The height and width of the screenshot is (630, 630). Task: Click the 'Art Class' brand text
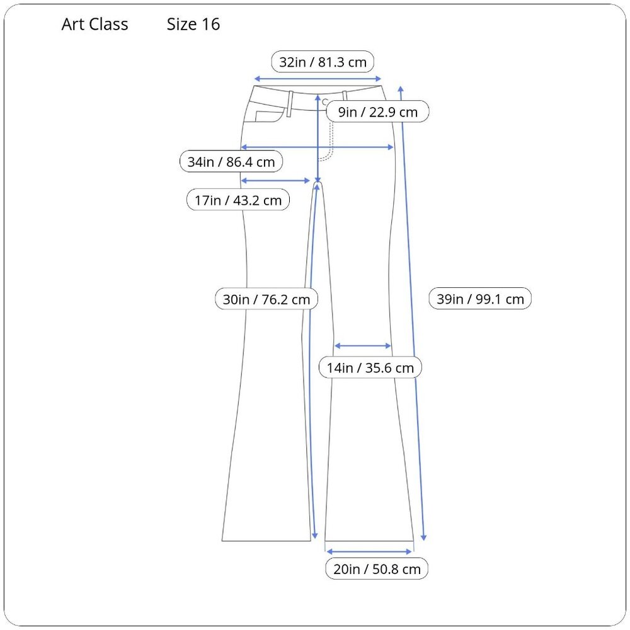(x=95, y=24)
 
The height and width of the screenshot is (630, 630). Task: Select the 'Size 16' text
(x=193, y=24)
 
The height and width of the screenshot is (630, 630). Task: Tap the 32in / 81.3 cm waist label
(x=323, y=62)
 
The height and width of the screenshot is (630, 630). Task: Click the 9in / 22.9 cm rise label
(x=377, y=112)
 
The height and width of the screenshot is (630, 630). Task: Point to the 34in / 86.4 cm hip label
(x=231, y=161)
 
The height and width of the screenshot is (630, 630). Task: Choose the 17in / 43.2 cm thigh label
(x=238, y=200)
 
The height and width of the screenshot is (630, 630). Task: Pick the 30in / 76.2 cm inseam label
(x=266, y=299)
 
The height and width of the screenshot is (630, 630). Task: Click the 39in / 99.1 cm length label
(x=480, y=299)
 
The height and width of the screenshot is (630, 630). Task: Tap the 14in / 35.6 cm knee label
(x=370, y=367)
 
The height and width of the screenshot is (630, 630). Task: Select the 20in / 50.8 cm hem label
(x=377, y=568)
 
